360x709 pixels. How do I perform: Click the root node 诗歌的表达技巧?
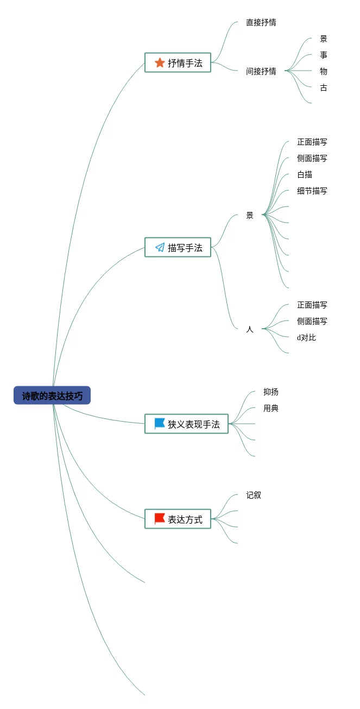pyautogui.click(x=52, y=396)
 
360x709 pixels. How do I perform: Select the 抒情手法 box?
pyautogui.click(x=178, y=62)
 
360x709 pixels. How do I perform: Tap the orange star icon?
pyautogui.click(x=160, y=62)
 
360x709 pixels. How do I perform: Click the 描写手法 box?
pyautogui.click(x=178, y=247)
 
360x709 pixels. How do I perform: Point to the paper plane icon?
pyautogui.click(x=160, y=247)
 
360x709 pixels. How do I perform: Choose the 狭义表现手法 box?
pyautogui.click(x=186, y=424)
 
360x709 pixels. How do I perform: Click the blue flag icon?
pyautogui.click(x=160, y=424)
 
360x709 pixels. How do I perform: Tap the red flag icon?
pyautogui.click(x=160, y=519)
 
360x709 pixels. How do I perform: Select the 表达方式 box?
pyautogui.click(x=178, y=519)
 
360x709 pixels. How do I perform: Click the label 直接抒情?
pyautogui.click(x=261, y=22)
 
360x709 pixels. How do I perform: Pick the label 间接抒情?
pyautogui.click(x=261, y=71)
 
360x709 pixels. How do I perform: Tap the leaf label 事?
pyautogui.click(x=323, y=55)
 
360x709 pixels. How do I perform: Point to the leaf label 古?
pyautogui.click(x=323, y=87)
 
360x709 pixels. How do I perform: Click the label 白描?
pyautogui.click(x=305, y=174)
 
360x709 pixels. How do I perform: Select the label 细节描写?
pyautogui.click(x=312, y=191)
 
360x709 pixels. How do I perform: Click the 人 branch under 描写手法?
pyautogui.click(x=250, y=329)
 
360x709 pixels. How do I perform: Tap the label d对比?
pyautogui.click(x=306, y=338)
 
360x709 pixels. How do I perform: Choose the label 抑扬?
pyautogui.click(x=271, y=392)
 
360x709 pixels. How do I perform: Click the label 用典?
pyautogui.click(x=271, y=409)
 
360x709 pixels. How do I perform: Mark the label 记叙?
pyautogui.click(x=254, y=495)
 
